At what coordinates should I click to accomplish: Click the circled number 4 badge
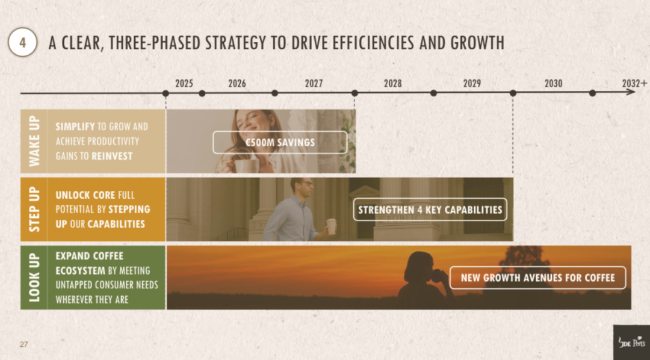(22, 42)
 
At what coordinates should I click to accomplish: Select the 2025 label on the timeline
(184, 84)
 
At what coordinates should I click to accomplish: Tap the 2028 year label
(392, 84)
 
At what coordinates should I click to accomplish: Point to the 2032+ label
(634, 84)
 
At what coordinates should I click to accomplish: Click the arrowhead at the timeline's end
(631, 93)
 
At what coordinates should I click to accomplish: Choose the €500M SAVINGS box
(280, 143)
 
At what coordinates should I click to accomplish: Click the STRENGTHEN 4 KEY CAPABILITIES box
(430, 209)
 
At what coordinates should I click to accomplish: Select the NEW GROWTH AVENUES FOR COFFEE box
(537, 278)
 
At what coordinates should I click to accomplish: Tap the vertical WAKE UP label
(34, 141)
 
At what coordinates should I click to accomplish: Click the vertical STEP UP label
(34, 209)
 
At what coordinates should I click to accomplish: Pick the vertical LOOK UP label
(34, 278)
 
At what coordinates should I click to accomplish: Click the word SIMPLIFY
(75, 126)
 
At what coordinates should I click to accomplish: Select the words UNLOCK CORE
(85, 195)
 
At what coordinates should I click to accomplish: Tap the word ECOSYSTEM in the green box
(81, 271)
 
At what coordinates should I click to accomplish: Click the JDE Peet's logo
(632, 342)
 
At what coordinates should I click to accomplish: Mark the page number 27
(23, 345)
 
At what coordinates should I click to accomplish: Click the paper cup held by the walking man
(331, 226)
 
